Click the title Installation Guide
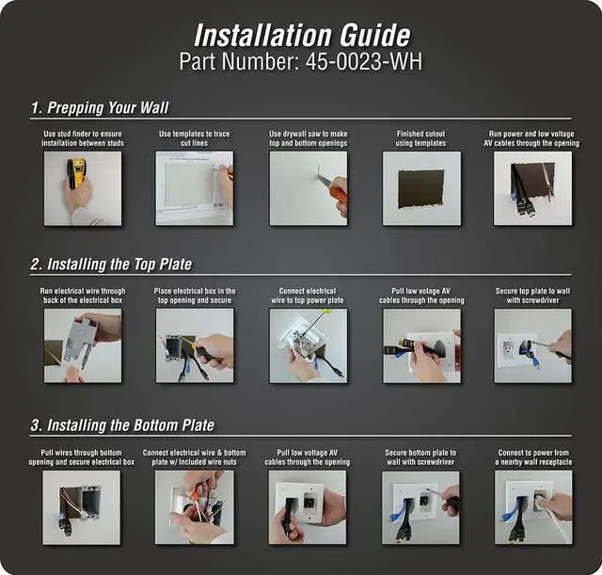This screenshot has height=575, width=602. click(302, 36)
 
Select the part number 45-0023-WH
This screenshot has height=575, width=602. click(364, 61)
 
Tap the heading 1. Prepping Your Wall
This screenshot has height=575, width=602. click(100, 107)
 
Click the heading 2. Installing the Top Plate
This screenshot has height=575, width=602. click(111, 264)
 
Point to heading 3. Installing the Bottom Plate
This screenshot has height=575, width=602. click(122, 425)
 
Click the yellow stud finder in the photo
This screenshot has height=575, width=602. click(75, 171)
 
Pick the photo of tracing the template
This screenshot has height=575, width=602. click(195, 188)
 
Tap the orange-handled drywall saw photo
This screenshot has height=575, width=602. click(309, 188)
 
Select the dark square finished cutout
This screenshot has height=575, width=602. click(421, 189)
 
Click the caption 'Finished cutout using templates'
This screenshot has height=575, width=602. click(420, 138)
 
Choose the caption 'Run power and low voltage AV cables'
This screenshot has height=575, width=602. click(531, 138)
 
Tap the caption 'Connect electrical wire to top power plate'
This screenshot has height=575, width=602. click(308, 295)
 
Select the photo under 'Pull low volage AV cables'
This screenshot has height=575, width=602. click(421, 345)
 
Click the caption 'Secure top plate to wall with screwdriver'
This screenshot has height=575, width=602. click(532, 295)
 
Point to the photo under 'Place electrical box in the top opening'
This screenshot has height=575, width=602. click(195, 345)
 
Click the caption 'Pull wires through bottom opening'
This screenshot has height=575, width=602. click(82, 457)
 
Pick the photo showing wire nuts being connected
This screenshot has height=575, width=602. click(195, 507)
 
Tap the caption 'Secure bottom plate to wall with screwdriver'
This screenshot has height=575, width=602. click(420, 457)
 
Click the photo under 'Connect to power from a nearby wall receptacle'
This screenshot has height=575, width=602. click(533, 507)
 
